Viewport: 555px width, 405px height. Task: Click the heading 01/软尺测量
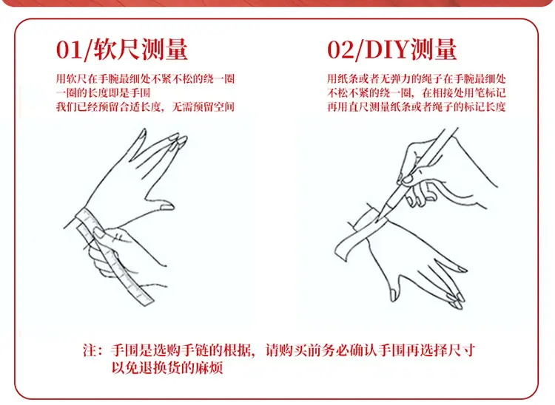[x=122, y=50]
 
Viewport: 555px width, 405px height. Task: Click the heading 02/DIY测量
[x=391, y=50]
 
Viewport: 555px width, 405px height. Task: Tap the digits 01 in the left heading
[x=68, y=50]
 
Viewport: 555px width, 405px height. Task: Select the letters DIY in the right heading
[x=387, y=50]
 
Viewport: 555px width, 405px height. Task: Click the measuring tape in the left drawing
[x=113, y=256]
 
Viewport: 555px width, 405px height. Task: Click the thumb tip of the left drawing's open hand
[x=169, y=207]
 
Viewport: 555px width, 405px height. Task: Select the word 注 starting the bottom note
[x=90, y=350]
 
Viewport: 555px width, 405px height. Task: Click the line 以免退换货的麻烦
[x=167, y=367]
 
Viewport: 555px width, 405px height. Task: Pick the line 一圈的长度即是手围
[x=103, y=92]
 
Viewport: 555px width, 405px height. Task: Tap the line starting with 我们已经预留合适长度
[x=145, y=106]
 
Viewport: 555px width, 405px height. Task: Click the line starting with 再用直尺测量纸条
[x=416, y=106]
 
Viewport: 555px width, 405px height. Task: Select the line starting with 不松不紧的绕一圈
[x=416, y=92]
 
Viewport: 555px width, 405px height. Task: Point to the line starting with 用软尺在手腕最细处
[x=145, y=78]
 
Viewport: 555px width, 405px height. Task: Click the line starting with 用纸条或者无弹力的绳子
[x=416, y=78]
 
